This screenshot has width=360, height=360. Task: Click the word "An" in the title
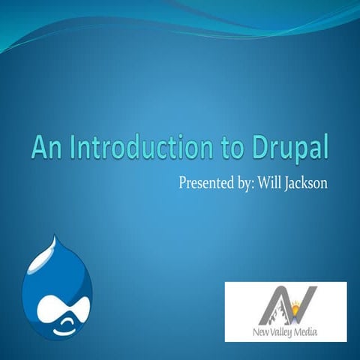pos(44,148)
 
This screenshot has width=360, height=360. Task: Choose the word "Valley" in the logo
pos(280,331)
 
